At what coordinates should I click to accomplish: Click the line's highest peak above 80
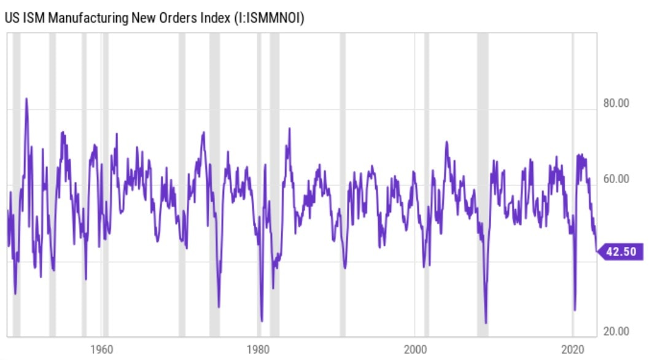(26, 98)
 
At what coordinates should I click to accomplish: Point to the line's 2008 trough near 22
(486, 323)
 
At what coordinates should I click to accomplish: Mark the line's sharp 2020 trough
(575, 310)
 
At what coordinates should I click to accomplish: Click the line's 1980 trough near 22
(262, 321)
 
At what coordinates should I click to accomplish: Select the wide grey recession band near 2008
(483, 184)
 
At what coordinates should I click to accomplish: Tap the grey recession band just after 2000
(427, 184)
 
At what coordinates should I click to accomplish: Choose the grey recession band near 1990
(343, 184)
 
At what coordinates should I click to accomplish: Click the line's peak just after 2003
(446, 143)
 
